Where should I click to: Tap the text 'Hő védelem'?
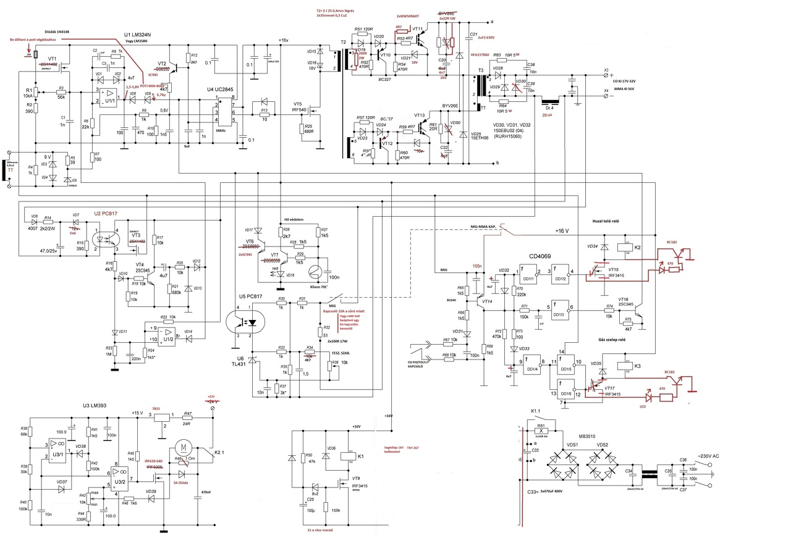coord(294,219)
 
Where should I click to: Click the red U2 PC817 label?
coord(106,213)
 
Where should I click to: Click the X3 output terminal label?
coord(606,70)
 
